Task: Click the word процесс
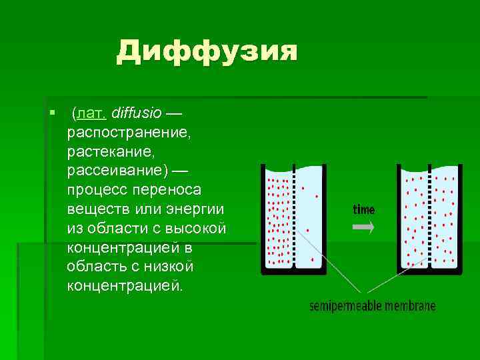[97, 189]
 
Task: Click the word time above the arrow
[363, 209]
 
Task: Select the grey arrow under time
[363, 227]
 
